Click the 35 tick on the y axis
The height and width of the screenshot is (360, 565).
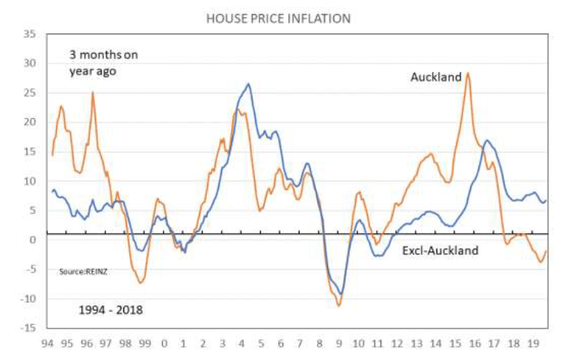point(30,34)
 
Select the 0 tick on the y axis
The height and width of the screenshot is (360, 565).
point(33,240)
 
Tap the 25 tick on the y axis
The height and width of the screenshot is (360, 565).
point(30,93)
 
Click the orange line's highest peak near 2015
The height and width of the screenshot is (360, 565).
point(468,72)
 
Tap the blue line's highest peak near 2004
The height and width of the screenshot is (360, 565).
point(248,84)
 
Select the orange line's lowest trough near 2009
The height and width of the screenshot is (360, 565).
point(339,305)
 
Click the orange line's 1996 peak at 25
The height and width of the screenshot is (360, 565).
point(93,92)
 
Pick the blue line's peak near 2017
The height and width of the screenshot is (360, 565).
point(487,140)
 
